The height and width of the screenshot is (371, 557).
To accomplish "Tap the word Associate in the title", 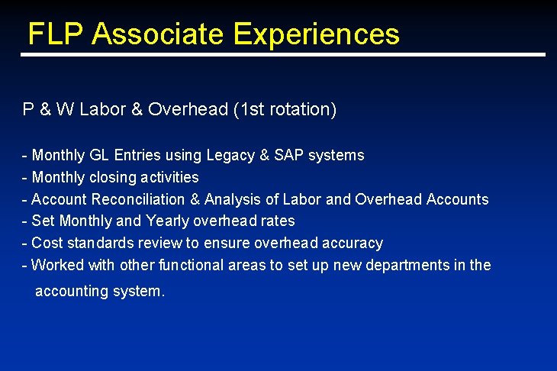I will [x=159, y=34].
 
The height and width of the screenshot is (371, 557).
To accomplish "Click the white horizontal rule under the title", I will [x=282, y=55].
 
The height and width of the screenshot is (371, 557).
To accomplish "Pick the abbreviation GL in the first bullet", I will [x=100, y=156].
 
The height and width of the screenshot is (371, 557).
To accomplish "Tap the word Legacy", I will [x=230, y=156].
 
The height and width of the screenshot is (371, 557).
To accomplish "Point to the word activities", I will [x=170, y=178].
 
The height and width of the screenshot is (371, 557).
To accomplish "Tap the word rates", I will [x=278, y=221].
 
